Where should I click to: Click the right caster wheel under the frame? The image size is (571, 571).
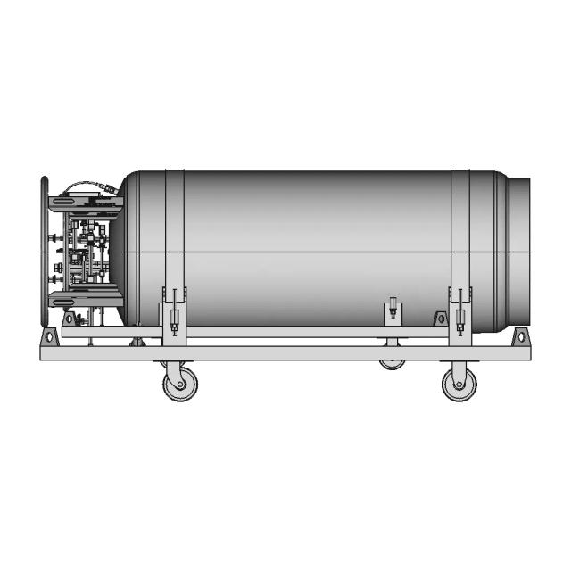coord(459,384)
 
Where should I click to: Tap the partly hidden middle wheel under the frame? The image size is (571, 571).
coord(391,363)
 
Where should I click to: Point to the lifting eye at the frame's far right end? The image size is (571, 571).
coord(520,337)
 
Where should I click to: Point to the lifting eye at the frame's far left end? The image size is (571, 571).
coord(50,337)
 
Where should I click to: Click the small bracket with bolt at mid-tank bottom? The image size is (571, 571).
coord(393,311)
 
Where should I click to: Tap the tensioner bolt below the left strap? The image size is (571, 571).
coord(174,319)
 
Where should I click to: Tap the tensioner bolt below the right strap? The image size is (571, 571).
coord(460,319)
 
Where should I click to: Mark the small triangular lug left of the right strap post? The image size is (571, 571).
coord(440,319)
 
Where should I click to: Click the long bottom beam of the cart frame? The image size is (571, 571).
coord(285,353)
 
